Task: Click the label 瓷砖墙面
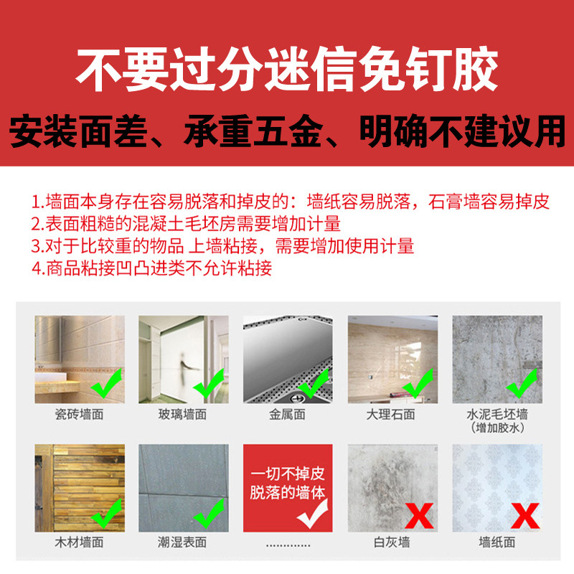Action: pyautogui.click(x=80, y=414)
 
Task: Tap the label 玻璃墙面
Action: pyautogui.click(x=183, y=414)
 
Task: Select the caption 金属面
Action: pyautogui.click(x=287, y=414)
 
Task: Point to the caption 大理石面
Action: pyautogui.click(x=391, y=414)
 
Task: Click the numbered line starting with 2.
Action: pyautogui.click(x=185, y=223)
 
